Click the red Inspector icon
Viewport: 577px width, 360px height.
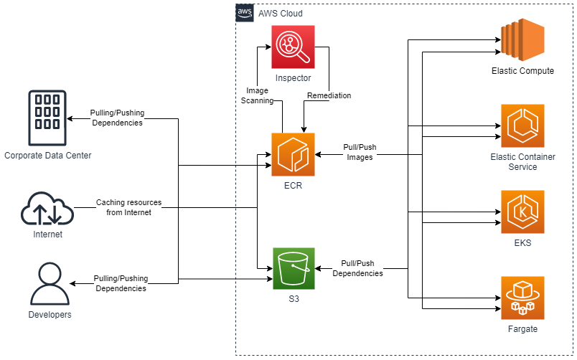[293, 47]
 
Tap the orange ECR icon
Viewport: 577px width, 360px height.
[293, 154]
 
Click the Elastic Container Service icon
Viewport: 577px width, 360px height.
[523, 125]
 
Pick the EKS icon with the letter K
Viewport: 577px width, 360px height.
[523, 212]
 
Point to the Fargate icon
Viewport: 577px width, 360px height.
[523, 298]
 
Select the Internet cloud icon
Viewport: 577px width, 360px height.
[47, 209]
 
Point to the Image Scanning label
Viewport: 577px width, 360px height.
[257, 96]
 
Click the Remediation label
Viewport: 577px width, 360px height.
[329, 95]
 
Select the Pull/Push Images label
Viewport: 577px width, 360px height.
[360, 152]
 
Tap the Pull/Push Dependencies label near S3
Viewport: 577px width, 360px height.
[357, 268]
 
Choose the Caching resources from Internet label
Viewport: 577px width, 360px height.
[129, 207]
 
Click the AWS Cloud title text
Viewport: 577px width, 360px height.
[281, 13]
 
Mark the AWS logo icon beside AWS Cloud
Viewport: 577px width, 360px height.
[245, 13]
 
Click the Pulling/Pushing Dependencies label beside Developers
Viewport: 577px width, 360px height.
[121, 283]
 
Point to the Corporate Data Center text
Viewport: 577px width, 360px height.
[47, 156]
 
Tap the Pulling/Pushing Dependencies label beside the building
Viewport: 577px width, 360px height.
[117, 118]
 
